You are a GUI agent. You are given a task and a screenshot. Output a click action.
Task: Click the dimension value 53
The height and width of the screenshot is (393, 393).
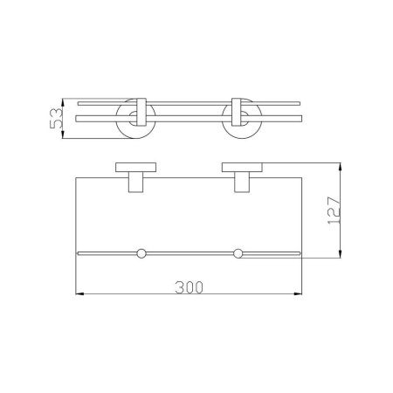pyautogui.click(x=56, y=118)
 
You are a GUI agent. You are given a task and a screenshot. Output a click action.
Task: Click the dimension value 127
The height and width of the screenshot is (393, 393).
pyautogui.click(x=334, y=210)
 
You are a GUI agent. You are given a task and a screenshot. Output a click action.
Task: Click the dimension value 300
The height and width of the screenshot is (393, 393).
pyautogui.click(x=189, y=287)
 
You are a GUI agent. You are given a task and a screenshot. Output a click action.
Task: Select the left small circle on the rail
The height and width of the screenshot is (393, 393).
pyautogui.click(x=141, y=253)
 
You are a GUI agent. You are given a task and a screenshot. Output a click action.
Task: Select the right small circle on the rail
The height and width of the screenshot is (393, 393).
pyautogui.click(x=238, y=253)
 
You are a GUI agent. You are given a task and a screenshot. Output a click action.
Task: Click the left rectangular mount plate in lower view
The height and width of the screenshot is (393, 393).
pyautogui.click(x=135, y=168)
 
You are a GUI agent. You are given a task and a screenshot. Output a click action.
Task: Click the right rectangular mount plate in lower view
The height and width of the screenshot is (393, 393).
pyautogui.click(x=242, y=168)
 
